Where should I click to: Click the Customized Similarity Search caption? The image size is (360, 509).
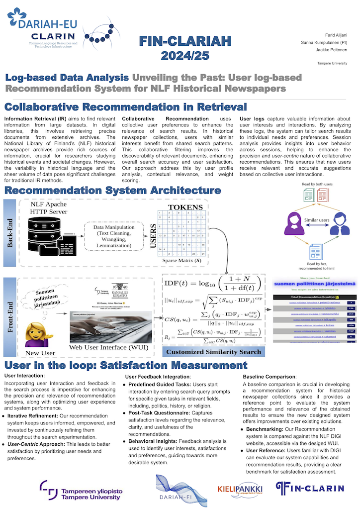tap(214, 352)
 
